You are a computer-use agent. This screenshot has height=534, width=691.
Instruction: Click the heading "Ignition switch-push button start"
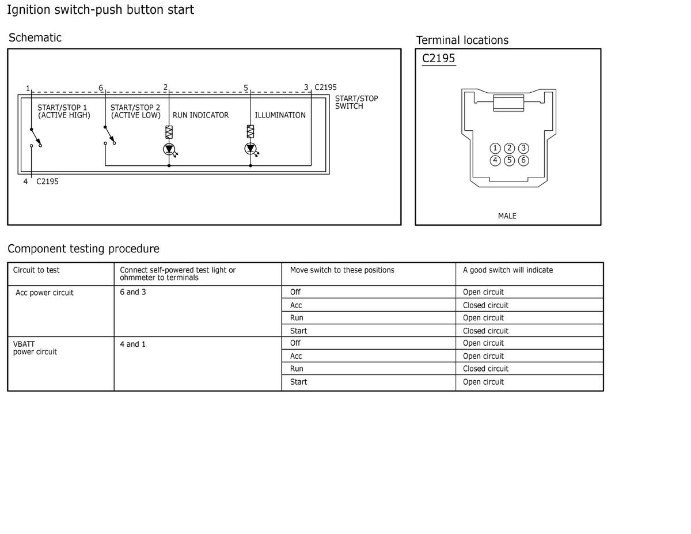(x=100, y=10)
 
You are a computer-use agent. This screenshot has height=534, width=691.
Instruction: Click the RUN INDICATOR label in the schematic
(x=200, y=115)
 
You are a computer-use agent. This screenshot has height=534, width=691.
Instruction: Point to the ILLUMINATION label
(x=280, y=115)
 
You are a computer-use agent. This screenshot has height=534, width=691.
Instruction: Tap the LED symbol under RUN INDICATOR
(x=169, y=149)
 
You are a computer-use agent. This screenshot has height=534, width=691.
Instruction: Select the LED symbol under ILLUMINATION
(x=250, y=149)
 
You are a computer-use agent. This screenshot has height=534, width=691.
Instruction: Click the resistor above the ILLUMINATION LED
(x=250, y=132)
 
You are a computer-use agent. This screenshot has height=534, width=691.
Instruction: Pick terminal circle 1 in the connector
(x=495, y=149)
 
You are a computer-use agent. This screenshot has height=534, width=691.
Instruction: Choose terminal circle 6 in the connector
(x=523, y=160)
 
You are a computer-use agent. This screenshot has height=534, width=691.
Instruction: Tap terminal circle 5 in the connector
(x=509, y=160)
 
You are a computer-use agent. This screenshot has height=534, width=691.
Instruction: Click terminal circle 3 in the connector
(x=523, y=149)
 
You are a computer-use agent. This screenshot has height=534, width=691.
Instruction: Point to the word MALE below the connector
(x=507, y=216)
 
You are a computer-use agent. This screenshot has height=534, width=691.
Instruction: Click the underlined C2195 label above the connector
(x=438, y=58)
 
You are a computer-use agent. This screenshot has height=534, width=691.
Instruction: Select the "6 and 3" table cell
(x=133, y=292)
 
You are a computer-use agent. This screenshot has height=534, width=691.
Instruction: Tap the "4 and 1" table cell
(x=133, y=344)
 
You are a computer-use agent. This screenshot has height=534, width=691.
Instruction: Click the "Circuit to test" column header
(x=36, y=270)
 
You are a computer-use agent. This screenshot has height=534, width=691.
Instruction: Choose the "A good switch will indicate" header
(x=507, y=270)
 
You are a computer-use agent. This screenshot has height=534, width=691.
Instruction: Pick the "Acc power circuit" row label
(x=44, y=293)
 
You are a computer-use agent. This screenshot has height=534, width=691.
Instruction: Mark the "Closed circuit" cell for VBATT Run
(x=485, y=369)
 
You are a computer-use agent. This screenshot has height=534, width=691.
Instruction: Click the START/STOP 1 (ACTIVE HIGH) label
(x=63, y=111)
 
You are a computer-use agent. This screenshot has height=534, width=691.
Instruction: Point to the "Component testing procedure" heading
(x=83, y=249)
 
